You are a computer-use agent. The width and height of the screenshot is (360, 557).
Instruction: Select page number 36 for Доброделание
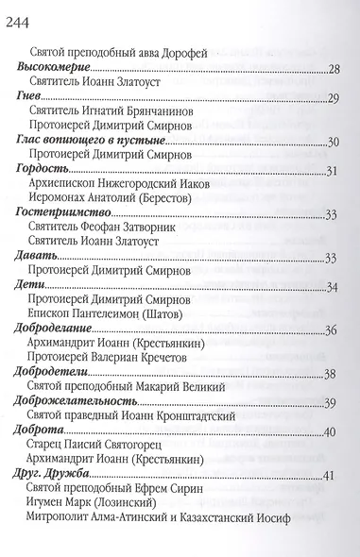click(x=332, y=330)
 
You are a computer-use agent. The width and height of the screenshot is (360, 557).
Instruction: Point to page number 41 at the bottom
click(x=331, y=475)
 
